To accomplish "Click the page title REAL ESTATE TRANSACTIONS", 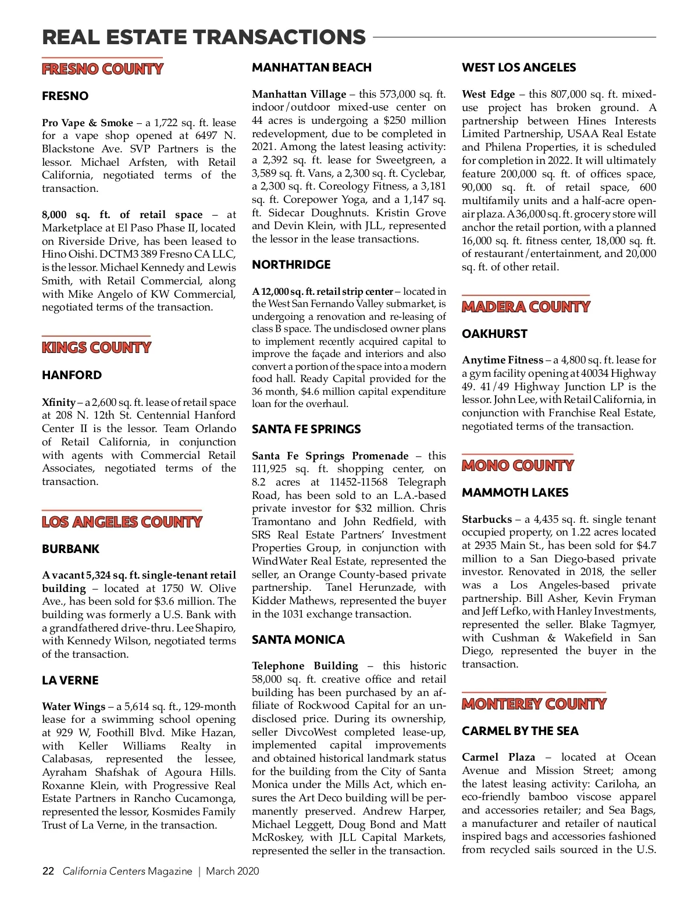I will [x=204, y=37].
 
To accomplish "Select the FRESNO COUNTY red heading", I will [x=102, y=69].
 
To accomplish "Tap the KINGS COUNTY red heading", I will [x=96, y=348].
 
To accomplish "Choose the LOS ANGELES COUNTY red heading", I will [x=122, y=522].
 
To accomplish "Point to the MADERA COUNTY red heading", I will [x=526, y=307].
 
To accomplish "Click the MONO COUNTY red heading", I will [x=518, y=466].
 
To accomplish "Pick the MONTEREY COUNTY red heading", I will [x=534, y=704].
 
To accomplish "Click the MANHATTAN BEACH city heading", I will [x=312, y=67].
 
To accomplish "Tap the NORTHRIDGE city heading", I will [x=291, y=265].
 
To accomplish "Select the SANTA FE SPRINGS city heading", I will [x=306, y=429].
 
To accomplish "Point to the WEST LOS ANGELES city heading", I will [x=519, y=67].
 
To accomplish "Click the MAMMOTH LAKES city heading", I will [x=515, y=493].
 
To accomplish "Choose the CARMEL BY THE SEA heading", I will [x=520, y=731].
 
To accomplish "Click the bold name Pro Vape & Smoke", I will [x=87, y=123].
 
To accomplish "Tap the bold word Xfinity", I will [x=58, y=402].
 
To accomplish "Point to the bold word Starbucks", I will [x=487, y=519].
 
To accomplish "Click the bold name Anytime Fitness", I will [x=502, y=360].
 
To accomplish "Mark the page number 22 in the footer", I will [x=48, y=871].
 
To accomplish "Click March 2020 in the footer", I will [x=233, y=871].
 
